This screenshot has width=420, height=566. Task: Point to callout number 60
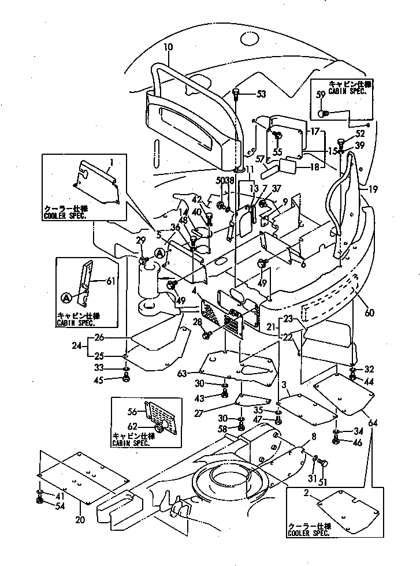369,312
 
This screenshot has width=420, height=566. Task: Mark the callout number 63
183,374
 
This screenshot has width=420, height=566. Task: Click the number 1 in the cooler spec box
112,162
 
